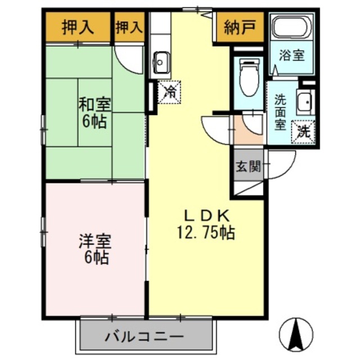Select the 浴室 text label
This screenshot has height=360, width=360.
(292, 56)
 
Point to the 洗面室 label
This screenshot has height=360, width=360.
(280, 112)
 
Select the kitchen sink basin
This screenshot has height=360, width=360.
(161, 59)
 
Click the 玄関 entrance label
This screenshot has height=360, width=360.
(247, 166)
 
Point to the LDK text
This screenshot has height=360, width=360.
(205, 215)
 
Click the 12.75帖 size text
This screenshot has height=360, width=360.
(205, 231)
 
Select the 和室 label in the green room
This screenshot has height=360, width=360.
(94, 105)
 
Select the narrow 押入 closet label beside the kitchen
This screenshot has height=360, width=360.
(129, 26)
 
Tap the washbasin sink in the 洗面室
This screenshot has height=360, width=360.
(305, 102)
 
